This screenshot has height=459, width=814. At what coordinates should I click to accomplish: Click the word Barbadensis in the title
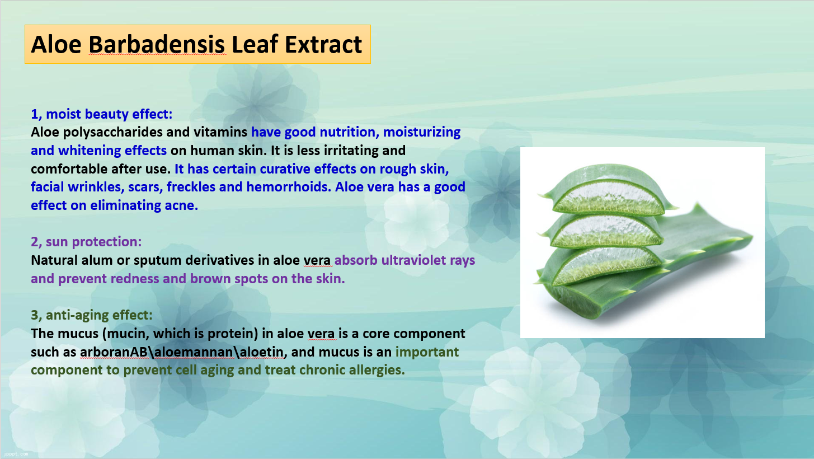pyautogui.click(x=157, y=44)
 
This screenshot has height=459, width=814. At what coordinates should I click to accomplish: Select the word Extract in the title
pyautogui.click(x=323, y=44)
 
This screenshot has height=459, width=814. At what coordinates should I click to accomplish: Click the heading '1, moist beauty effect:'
pyautogui.click(x=101, y=114)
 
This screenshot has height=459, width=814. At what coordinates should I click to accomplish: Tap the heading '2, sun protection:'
pyautogui.click(x=86, y=241)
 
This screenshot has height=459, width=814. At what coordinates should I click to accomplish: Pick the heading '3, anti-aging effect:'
pyautogui.click(x=92, y=315)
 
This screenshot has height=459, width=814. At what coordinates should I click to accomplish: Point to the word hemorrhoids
pyautogui.click(x=289, y=187)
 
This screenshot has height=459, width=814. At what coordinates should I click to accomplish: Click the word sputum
pyautogui.click(x=157, y=261)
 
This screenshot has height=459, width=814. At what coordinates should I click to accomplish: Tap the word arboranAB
pyautogui.click(x=114, y=352)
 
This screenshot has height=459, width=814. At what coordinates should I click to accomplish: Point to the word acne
pyautogui.click(x=181, y=205)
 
